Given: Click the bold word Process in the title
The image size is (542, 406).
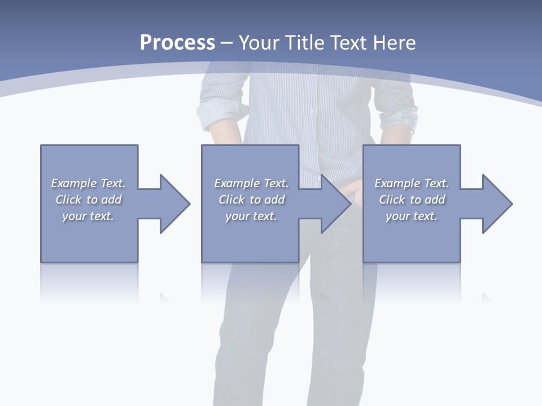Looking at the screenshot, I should point(177,43).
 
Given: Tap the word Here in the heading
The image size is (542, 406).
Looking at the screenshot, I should point(394,43).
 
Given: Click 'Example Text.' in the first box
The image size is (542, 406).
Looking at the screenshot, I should point(88,183).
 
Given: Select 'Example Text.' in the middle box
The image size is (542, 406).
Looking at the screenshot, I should point(251,183).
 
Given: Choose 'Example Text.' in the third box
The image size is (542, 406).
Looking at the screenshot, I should point(412,183).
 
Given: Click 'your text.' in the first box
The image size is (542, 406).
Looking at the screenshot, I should point(88,216).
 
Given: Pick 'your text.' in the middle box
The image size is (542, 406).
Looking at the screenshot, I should point(251,216).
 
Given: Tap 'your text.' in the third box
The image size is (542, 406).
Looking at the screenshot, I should point(412,216).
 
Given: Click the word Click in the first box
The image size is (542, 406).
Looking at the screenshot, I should point(68,200).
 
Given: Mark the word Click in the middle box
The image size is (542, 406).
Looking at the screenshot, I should point(231,200).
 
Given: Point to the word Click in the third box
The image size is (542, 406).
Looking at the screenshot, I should point(392,200).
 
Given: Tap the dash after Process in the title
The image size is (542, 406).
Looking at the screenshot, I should point(226,43).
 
